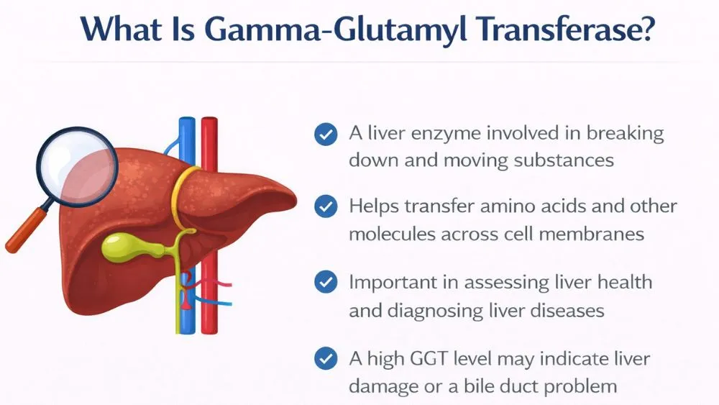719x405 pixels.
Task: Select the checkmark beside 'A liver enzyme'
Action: coord(326,134)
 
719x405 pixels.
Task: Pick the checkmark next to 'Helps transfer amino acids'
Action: coord(326,207)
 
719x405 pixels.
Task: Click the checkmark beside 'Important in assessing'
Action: coord(326,282)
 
